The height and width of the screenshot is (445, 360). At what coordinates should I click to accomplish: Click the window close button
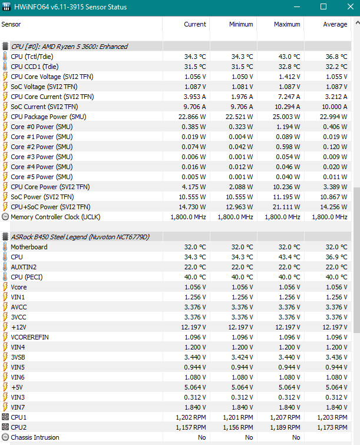(x=346, y=7)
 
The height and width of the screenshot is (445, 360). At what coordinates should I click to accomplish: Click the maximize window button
(x=323, y=7)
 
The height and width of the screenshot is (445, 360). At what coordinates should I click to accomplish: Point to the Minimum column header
(x=240, y=24)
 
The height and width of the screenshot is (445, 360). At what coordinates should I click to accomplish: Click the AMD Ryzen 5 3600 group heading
(x=70, y=47)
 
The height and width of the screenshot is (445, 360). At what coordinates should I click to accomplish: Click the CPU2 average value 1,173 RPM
(x=333, y=427)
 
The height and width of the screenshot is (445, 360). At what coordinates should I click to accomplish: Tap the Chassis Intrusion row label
(x=35, y=437)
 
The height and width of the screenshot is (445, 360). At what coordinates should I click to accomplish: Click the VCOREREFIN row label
(x=30, y=337)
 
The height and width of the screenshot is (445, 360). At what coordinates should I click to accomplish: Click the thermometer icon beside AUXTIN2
(x=5, y=267)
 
